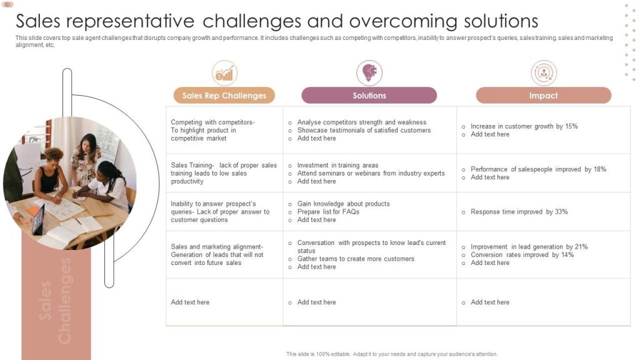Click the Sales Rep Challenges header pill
pos(224,96)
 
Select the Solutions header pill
pos(369,96)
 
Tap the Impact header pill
pos(543,96)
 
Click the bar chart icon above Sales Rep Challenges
pos(224,73)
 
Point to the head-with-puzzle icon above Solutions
pos(369,73)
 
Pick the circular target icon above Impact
pos(544,73)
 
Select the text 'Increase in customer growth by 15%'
pos(524,126)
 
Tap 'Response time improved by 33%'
pos(519,212)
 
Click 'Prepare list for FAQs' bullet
pos(328,212)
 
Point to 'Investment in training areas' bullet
pos(337,166)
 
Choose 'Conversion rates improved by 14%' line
pos(522,255)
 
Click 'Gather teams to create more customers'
pos(356,259)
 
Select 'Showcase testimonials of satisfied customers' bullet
pos(364,131)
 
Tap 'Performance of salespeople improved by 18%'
pos(538,169)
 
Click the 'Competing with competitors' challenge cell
pos(212,130)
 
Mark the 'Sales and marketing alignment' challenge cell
pos(217,254)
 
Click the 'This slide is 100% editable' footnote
pos(392,354)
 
